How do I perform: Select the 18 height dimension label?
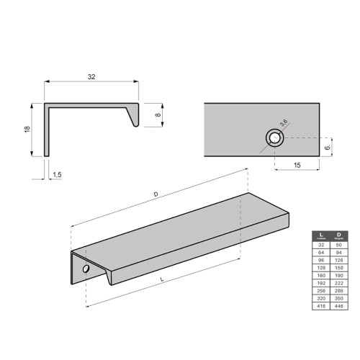[26, 130]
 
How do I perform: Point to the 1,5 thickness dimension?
[58, 175]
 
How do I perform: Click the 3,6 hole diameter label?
[285, 124]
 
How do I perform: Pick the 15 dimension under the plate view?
[297, 166]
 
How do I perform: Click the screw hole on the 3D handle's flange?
[86, 269]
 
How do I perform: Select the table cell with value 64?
[320, 253]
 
